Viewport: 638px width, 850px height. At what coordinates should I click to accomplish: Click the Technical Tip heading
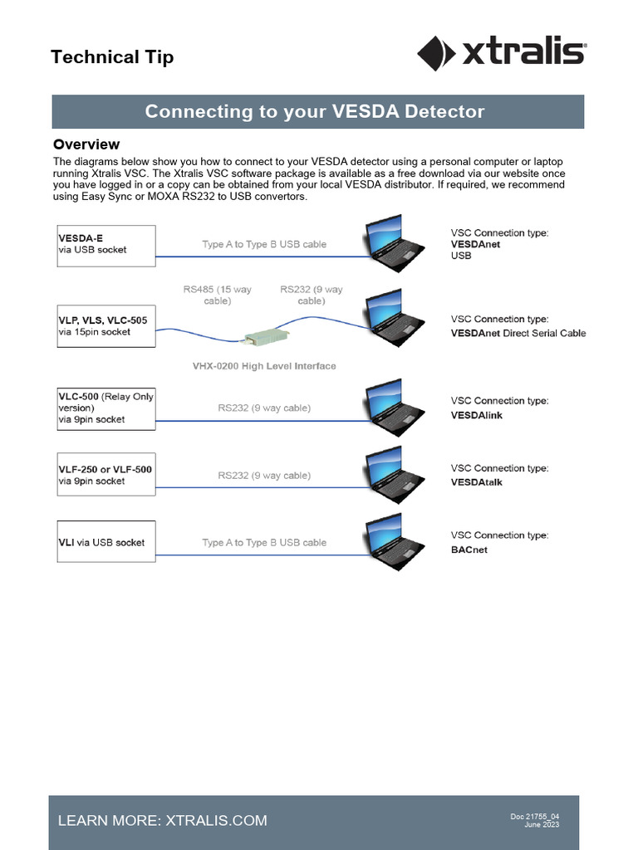(112, 57)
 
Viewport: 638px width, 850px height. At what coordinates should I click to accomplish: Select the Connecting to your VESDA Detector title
(315, 111)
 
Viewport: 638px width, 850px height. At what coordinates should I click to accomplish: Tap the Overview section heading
(86, 144)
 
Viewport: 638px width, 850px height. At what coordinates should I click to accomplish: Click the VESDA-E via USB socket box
(106, 244)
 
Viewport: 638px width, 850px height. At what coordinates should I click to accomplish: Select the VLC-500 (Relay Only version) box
(106, 408)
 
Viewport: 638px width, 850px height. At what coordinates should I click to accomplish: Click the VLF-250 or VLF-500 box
(106, 475)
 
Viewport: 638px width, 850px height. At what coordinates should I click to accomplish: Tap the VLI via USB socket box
(106, 542)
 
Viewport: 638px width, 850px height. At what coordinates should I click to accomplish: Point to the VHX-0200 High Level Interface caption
(264, 366)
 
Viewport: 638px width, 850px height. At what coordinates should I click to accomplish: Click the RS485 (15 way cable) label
(217, 296)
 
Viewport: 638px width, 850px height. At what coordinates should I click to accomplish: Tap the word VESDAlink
(476, 414)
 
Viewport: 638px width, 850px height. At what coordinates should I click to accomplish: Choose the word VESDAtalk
(476, 482)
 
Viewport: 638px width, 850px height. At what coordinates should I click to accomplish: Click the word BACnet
(469, 550)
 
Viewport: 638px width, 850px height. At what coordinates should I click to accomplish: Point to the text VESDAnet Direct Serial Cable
(518, 333)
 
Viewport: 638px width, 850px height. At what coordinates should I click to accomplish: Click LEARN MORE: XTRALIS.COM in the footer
(163, 820)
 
